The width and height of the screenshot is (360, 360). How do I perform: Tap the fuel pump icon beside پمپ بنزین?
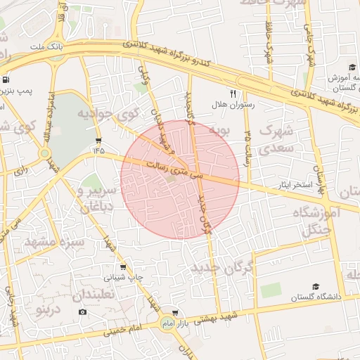6,79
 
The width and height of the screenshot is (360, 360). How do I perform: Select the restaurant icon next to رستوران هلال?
233,93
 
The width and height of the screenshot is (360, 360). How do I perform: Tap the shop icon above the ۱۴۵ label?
98,139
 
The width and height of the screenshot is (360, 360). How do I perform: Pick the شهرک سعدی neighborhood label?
275,140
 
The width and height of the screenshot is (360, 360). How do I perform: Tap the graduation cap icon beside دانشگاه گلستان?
316,286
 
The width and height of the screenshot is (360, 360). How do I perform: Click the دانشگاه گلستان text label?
318,297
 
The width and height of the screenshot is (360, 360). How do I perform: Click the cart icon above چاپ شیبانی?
124,267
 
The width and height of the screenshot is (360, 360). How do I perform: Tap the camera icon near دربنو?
82,311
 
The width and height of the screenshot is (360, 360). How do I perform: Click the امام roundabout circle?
167,323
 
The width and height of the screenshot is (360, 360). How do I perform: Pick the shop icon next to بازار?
174,313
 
